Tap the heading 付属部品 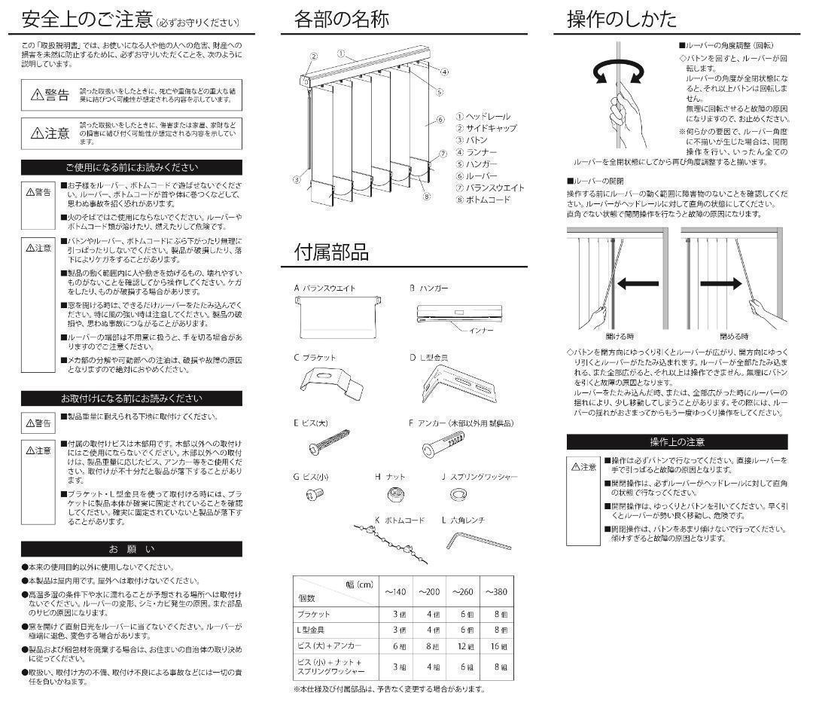coord(331,252)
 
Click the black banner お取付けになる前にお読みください coord(132,398)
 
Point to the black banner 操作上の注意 coord(677,442)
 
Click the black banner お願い coord(132,548)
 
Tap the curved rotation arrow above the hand coord(619,73)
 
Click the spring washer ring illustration coord(457,493)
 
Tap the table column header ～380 coord(496,591)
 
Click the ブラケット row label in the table coord(315,614)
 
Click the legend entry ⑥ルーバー coord(477,175)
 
